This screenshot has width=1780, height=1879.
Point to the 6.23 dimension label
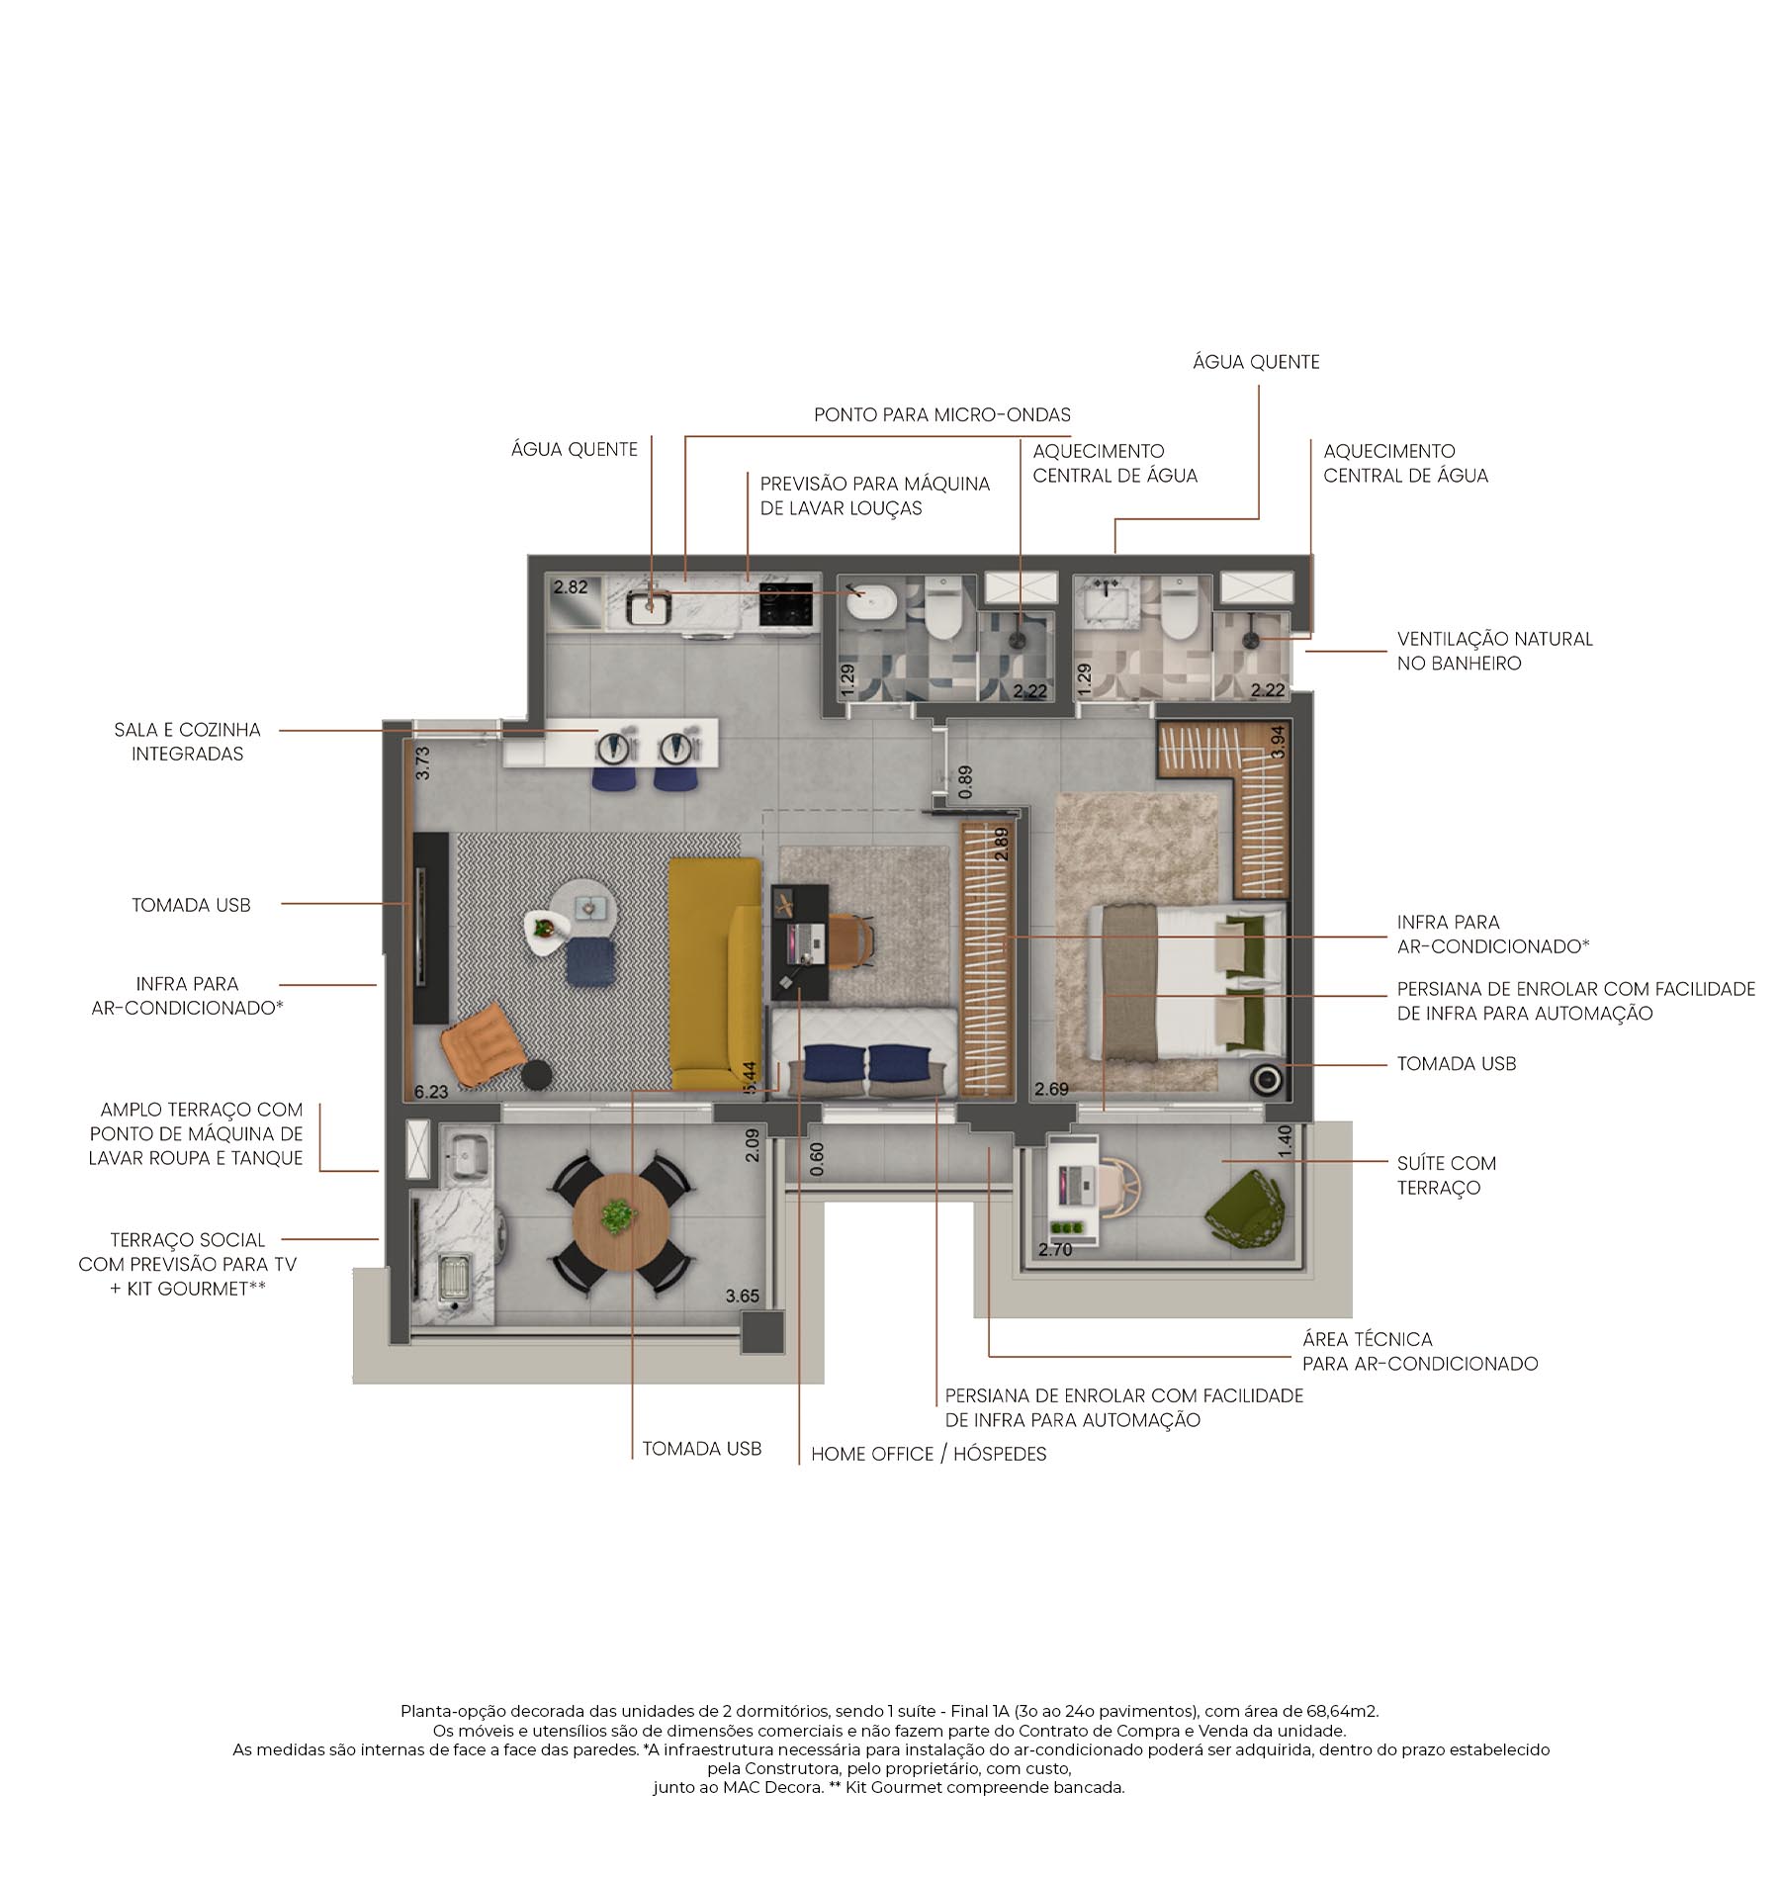point(431,1092)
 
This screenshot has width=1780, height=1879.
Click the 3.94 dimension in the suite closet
point(1278,742)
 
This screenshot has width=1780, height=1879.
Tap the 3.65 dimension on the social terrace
point(742,1296)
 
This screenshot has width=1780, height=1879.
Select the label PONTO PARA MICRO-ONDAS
point(941,414)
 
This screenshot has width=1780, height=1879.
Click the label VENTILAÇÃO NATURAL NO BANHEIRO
point(1493,651)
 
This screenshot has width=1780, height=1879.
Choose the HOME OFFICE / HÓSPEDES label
point(928,1454)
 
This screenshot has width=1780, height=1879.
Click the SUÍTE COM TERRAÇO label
point(1446,1175)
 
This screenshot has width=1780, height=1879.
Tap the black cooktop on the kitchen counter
point(786,603)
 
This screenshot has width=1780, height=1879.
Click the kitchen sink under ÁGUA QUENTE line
point(650,605)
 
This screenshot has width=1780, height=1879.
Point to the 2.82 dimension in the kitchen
point(571,587)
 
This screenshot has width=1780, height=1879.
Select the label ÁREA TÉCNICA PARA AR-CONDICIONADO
point(1419,1351)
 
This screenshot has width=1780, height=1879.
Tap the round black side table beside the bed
point(1265,1079)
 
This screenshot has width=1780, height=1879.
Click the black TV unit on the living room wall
point(431,927)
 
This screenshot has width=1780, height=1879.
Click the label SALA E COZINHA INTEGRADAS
point(187,742)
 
